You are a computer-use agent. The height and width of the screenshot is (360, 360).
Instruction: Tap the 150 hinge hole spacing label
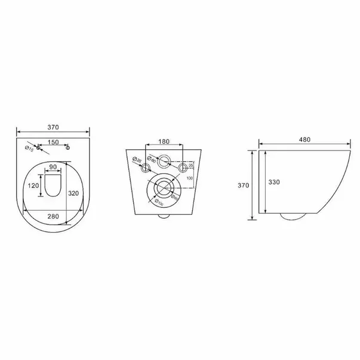[53, 142]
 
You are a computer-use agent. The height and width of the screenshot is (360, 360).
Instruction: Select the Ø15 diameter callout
[29, 149]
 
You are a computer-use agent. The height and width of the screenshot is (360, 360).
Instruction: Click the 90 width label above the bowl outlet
[53, 167]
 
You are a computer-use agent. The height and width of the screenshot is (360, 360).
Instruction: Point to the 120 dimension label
[34, 186]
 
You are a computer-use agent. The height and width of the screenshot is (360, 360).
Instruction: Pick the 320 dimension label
[73, 193]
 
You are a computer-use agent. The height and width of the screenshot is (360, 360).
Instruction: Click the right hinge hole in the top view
[67, 147]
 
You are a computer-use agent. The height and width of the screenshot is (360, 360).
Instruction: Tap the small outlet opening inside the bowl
[53, 186]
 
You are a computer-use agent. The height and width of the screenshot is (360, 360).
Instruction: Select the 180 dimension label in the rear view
[164, 141]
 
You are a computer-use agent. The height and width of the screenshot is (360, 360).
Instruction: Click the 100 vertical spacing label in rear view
[190, 179]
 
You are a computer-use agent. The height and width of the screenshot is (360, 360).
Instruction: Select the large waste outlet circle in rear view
[162, 190]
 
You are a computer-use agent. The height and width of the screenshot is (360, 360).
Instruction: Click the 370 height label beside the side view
[243, 186]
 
